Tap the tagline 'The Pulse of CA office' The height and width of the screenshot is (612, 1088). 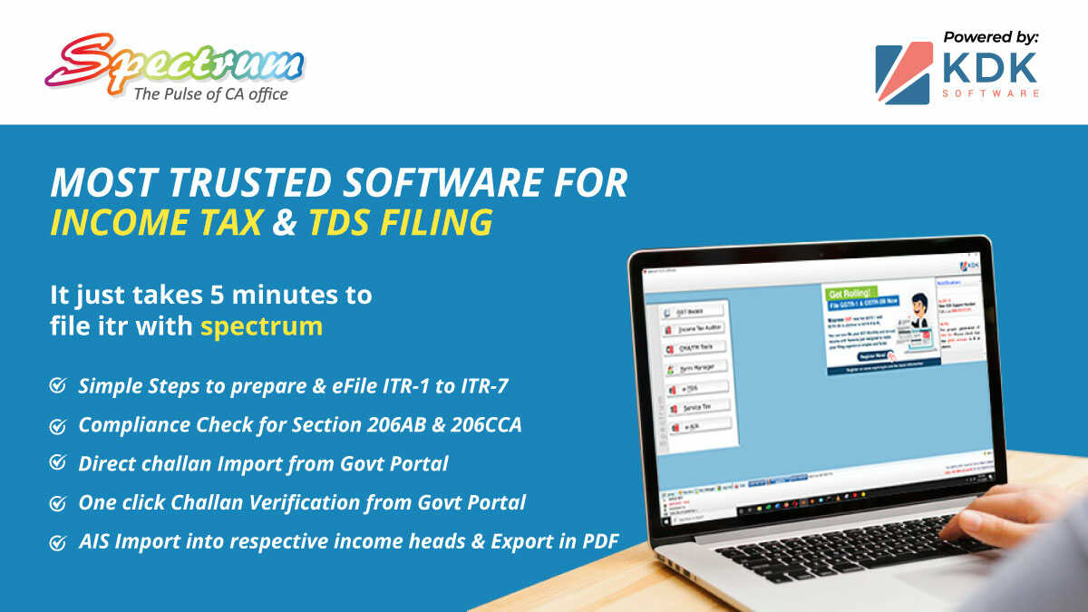(x=210, y=93)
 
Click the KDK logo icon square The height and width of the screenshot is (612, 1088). (x=902, y=73)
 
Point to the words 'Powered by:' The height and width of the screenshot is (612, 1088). (x=990, y=37)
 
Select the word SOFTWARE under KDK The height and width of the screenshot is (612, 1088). (x=990, y=93)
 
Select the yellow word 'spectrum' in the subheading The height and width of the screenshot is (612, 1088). (x=261, y=325)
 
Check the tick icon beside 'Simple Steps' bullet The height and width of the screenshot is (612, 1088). (x=57, y=386)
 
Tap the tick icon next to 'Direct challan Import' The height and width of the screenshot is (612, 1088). (x=57, y=463)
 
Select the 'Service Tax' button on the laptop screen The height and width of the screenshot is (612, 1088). (x=700, y=408)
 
